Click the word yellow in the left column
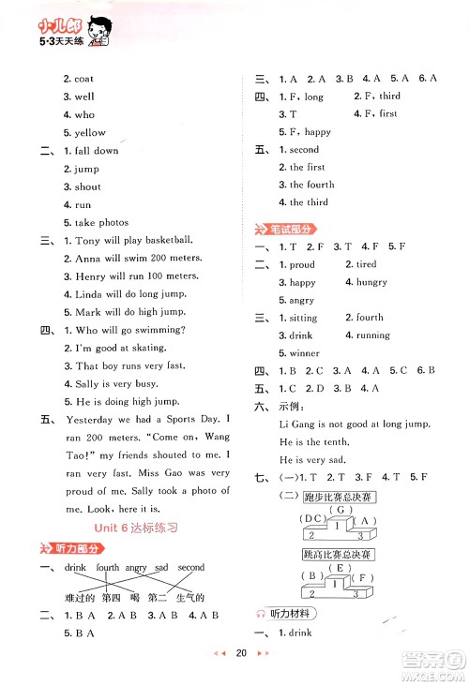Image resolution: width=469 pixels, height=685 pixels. click(x=90, y=133)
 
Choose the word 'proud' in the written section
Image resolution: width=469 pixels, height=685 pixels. click(x=302, y=264)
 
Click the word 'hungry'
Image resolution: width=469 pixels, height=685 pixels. click(x=371, y=282)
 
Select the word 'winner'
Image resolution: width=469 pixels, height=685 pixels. click(x=304, y=353)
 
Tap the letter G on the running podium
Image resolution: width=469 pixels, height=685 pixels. click(x=340, y=509)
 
